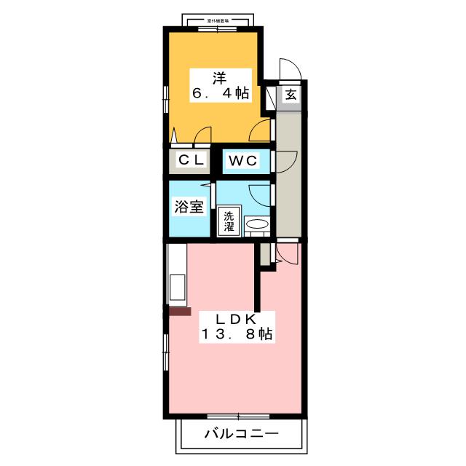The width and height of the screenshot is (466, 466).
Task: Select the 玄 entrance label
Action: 290,95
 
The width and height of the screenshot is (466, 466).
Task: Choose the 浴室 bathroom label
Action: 188,207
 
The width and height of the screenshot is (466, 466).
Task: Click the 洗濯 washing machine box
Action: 229,221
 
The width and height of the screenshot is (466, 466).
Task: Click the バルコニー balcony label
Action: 240,435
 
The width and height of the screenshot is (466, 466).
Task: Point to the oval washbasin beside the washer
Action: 256,225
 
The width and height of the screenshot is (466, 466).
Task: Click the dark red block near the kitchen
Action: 179,311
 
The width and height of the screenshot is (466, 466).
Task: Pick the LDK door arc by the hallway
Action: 287,253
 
